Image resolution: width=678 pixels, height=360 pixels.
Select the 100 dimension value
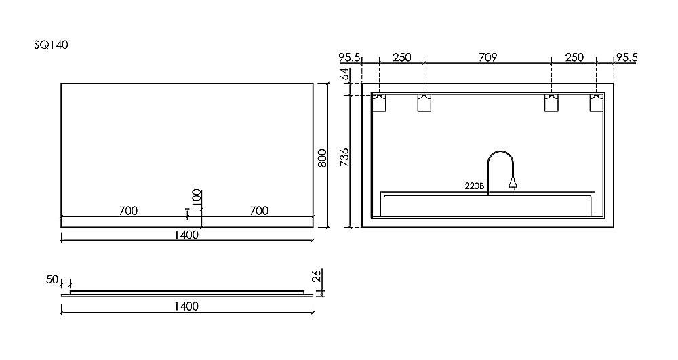click(x=197, y=198)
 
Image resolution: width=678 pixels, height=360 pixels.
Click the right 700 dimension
click(x=258, y=211)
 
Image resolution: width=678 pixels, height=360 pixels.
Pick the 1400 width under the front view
click(x=186, y=235)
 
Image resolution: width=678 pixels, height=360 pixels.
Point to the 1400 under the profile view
click(x=186, y=306)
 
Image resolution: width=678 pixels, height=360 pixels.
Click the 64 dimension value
click(x=344, y=73)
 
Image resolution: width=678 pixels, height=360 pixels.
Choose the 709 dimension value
click(x=487, y=58)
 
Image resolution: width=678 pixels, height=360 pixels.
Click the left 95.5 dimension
click(x=349, y=58)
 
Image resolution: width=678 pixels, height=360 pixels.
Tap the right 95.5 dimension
click(x=626, y=58)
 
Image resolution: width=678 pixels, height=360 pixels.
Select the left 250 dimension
click(x=401, y=58)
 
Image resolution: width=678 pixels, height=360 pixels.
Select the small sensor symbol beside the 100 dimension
click(x=187, y=213)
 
